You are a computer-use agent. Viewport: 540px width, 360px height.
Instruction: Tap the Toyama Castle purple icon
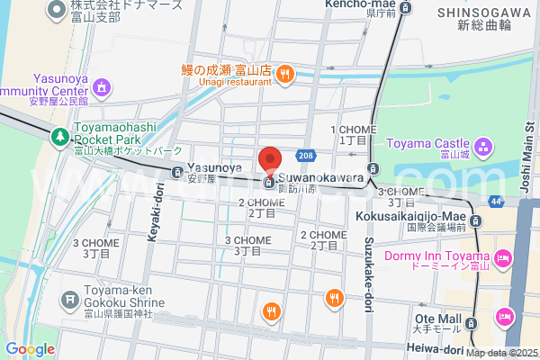point(482,144)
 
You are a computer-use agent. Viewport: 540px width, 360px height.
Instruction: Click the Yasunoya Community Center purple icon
point(101,87)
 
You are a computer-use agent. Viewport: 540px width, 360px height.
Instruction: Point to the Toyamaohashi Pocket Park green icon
point(60,137)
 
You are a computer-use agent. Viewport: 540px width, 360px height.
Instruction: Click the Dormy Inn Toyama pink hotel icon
point(503,259)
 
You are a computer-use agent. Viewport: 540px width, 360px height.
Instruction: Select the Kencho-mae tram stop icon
point(405,7)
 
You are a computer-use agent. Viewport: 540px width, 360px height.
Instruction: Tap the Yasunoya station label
point(214,168)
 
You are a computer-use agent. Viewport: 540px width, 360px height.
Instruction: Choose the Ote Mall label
point(438,320)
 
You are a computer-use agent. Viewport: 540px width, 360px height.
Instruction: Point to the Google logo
point(30,349)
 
